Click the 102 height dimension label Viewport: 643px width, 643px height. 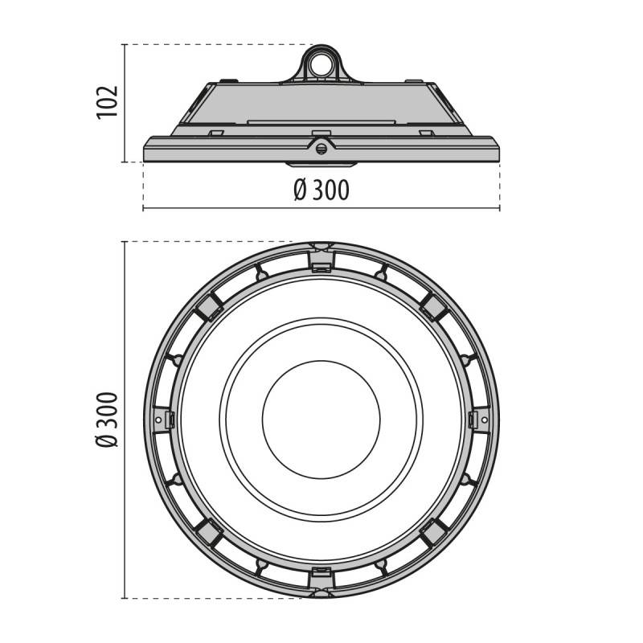(x=108, y=102)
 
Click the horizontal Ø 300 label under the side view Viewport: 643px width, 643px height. (x=321, y=190)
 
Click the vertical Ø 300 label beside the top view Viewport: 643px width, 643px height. (x=108, y=419)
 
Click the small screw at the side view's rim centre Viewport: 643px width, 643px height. (x=321, y=147)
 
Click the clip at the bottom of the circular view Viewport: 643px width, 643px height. (x=321, y=580)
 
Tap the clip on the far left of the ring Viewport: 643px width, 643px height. (x=164, y=419)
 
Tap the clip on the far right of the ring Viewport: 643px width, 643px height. (x=479, y=419)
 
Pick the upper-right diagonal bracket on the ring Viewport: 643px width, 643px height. (x=434, y=305)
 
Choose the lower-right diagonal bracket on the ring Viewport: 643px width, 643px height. (x=434, y=532)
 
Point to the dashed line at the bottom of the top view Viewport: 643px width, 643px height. (x=217, y=598)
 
